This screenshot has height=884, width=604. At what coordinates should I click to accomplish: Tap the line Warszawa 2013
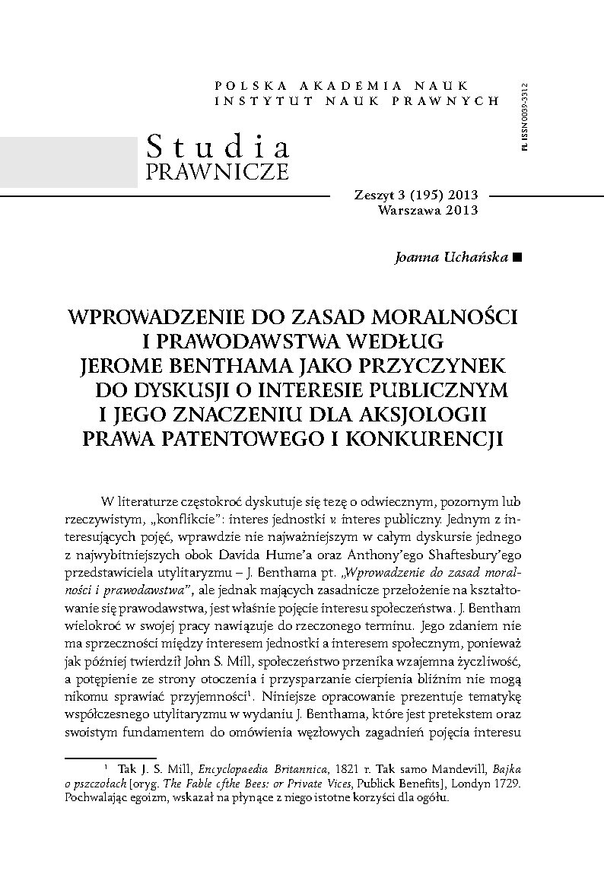pyautogui.click(x=428, y=210)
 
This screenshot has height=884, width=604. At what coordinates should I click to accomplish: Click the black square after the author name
pyautogui.click(x=518, y=257)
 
